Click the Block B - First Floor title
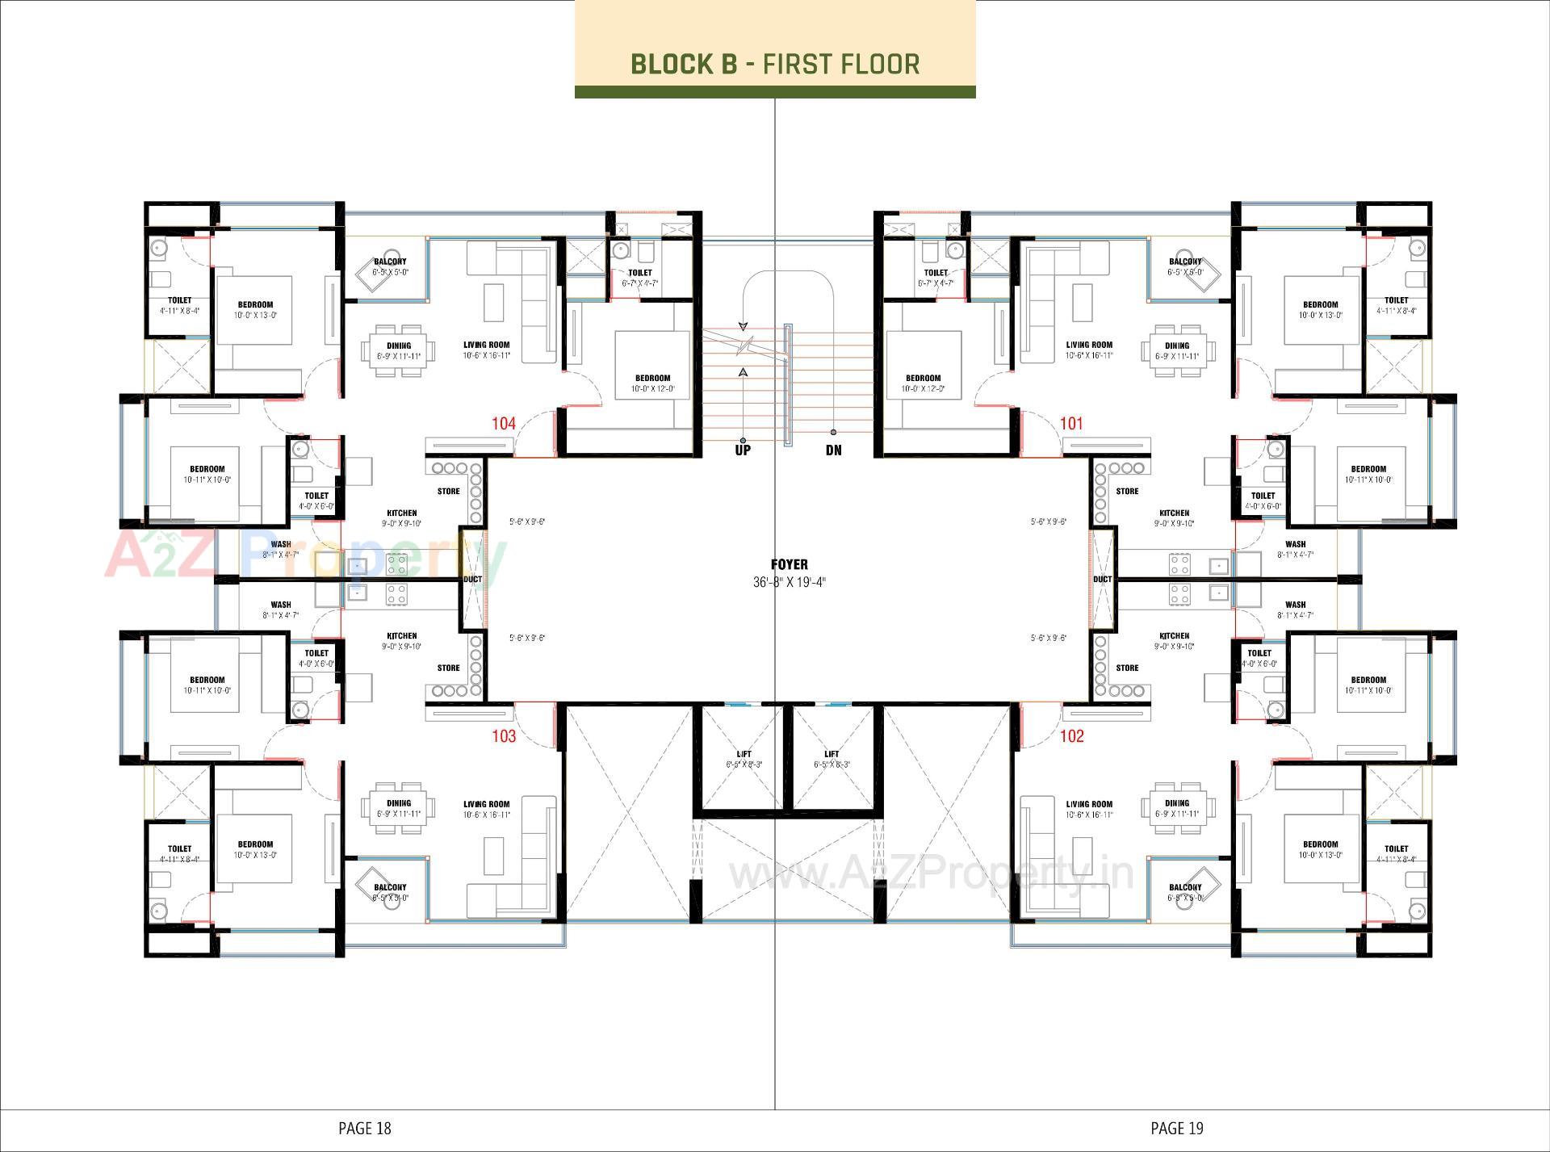775,64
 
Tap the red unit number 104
504,424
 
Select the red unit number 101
1071,424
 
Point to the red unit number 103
504,735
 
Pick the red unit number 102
1071,735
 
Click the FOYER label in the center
789,565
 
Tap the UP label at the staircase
743,450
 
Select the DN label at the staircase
833,450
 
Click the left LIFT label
744,754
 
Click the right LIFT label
832,754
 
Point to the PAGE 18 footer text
365,1128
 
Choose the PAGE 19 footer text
1177,1128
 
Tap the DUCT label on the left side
472,579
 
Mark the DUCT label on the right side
1102,579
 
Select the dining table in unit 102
1177,808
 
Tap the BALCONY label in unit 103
390,887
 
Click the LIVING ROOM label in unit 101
1089,345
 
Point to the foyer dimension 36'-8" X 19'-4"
789,582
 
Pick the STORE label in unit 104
448,491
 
